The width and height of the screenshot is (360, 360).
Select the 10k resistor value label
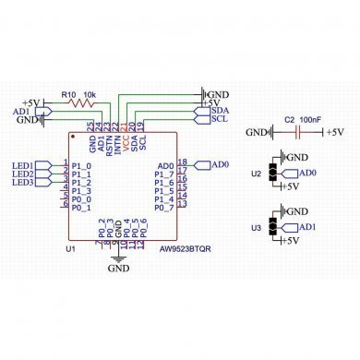(x=90, y=94)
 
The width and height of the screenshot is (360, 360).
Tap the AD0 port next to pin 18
(x=219, y=164)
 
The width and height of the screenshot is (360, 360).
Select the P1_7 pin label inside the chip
(x=163, y=174)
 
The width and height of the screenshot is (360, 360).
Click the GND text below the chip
(x=119, y=269)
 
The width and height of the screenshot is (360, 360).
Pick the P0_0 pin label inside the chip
(x=82, y=199)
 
